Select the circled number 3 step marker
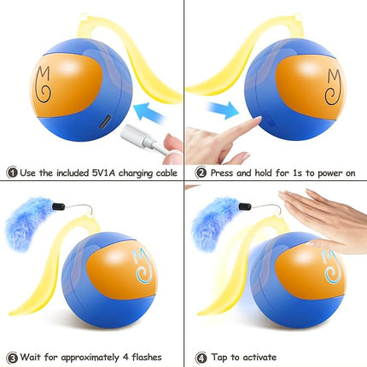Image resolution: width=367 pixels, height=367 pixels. (9, 358)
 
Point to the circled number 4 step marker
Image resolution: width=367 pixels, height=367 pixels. (200, 358)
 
